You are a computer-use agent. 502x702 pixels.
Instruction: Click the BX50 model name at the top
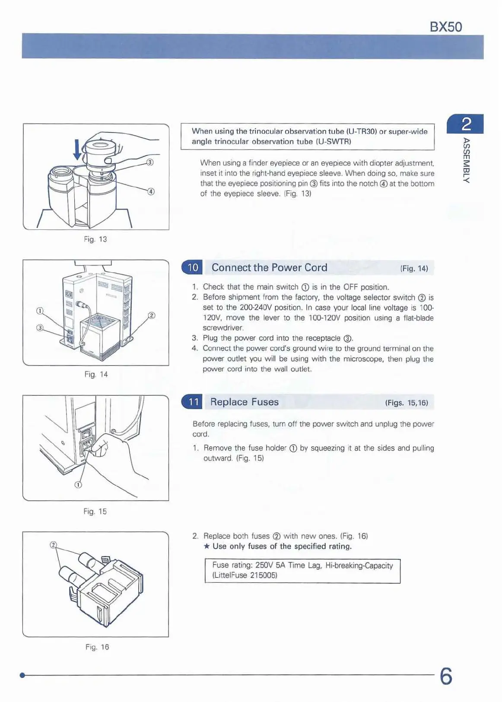446,27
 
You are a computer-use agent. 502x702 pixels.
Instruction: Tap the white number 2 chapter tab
467,124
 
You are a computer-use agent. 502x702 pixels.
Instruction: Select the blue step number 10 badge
193,267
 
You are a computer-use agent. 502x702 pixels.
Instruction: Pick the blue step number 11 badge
193,402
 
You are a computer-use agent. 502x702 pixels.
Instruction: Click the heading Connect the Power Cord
269,268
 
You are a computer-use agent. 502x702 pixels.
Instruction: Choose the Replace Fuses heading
244,402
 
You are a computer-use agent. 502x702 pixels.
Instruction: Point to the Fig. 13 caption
95,239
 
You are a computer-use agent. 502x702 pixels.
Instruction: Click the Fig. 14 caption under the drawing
96,375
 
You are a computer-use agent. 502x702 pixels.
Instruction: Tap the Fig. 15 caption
95,511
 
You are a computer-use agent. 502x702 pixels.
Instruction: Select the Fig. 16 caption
97,647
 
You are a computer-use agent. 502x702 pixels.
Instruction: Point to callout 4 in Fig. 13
151,192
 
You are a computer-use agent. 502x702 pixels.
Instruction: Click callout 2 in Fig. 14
152,315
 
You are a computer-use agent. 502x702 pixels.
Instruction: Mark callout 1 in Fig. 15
78,485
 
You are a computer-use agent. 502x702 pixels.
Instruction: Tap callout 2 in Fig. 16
54,545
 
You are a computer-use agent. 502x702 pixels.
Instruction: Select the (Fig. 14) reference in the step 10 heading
414,269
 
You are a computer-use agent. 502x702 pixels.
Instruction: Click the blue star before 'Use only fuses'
207,546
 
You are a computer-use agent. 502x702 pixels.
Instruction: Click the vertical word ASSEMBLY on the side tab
466,160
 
